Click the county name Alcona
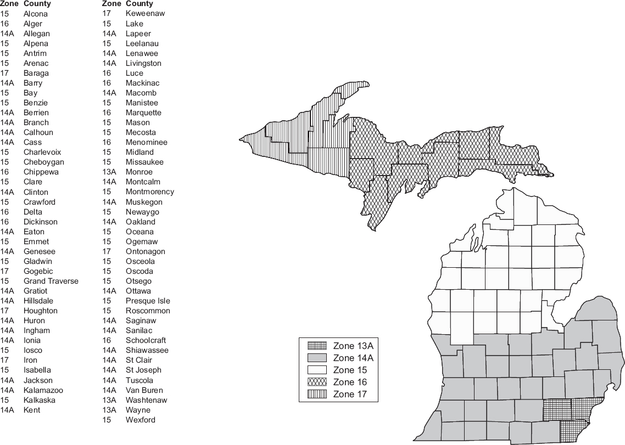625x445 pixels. (x=36, y=14)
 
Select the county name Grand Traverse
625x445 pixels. (x=51, y=281)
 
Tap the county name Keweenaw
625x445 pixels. (x=145, y=13)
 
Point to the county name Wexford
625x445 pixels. (x=140, y=420)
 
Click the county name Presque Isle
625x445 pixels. (x=148, y=301)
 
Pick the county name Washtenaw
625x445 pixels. (x=146, y=400)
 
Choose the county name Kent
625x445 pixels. (x=32, y=410)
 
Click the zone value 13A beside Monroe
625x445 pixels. (x=109, y=172)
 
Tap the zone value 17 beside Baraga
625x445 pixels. (x=4, y=73)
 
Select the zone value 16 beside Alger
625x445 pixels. (x=4, y=24)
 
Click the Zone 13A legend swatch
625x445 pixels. (x=317, y=346)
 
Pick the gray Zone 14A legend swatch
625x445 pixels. (x=317, y=358)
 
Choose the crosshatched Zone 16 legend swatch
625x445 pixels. (x=317, y=382)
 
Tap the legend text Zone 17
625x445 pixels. (x=349, y=394)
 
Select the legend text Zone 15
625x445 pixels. (x=349, y=370)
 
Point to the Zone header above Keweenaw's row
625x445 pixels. (x=111, y=4)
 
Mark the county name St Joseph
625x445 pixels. (x=143, y=370)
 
